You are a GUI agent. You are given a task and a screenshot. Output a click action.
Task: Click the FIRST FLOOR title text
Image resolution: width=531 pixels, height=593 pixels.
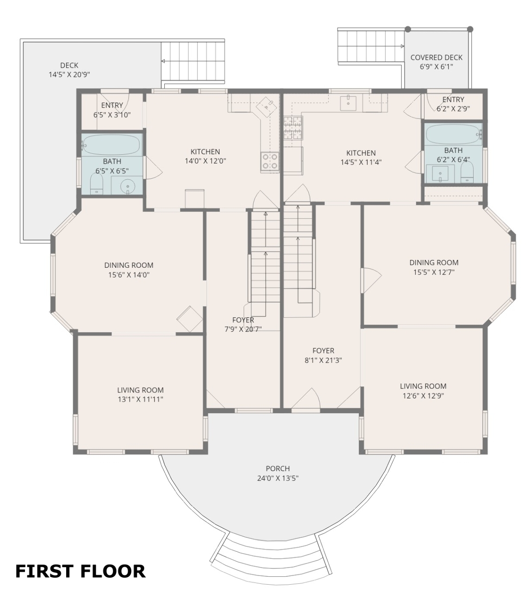(80, 571)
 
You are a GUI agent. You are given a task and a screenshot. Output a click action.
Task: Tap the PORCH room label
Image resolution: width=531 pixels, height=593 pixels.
(278, 468)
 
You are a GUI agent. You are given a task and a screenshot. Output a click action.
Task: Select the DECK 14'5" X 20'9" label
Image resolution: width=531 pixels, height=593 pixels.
(69, 69)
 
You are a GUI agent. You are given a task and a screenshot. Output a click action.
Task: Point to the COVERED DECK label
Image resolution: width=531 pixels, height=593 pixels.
(436, 57)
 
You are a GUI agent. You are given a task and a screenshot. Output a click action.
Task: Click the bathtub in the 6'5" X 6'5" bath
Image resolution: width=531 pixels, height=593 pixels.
(112, 144)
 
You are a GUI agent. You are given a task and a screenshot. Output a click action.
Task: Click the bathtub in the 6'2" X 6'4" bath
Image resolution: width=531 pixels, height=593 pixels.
(454, 134)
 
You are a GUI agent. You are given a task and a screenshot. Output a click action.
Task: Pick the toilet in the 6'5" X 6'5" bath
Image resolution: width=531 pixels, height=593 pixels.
(97, 184)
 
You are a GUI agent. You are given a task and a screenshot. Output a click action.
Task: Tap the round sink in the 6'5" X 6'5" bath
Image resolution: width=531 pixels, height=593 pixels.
(128, 186)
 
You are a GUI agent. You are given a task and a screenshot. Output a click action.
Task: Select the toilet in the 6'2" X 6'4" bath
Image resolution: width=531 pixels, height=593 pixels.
(467, 172)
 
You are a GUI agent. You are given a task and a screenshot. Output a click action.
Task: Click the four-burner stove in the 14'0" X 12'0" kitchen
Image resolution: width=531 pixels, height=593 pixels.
(270, 161)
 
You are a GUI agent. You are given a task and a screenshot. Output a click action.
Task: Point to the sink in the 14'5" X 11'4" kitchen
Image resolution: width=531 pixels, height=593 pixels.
(348, 103)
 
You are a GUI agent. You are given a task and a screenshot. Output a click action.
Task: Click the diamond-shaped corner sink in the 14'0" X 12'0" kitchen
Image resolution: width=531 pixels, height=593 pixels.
(266, 107)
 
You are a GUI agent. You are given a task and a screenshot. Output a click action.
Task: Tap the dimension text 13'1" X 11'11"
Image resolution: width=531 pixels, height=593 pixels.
(140, 399)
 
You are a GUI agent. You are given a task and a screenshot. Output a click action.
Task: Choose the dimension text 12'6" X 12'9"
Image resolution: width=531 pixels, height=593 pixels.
(423, 396)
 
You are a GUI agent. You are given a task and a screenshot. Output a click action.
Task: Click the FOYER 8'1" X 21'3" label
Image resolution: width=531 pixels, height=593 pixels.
(323, 355)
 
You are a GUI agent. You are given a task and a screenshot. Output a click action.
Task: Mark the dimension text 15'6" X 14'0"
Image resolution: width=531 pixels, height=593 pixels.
(129, 275)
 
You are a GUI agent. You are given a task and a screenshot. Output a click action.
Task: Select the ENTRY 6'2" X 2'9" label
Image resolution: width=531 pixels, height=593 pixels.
(453, 104)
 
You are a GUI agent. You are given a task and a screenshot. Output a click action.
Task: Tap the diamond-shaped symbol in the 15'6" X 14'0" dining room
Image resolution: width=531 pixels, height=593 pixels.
(190, 319)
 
